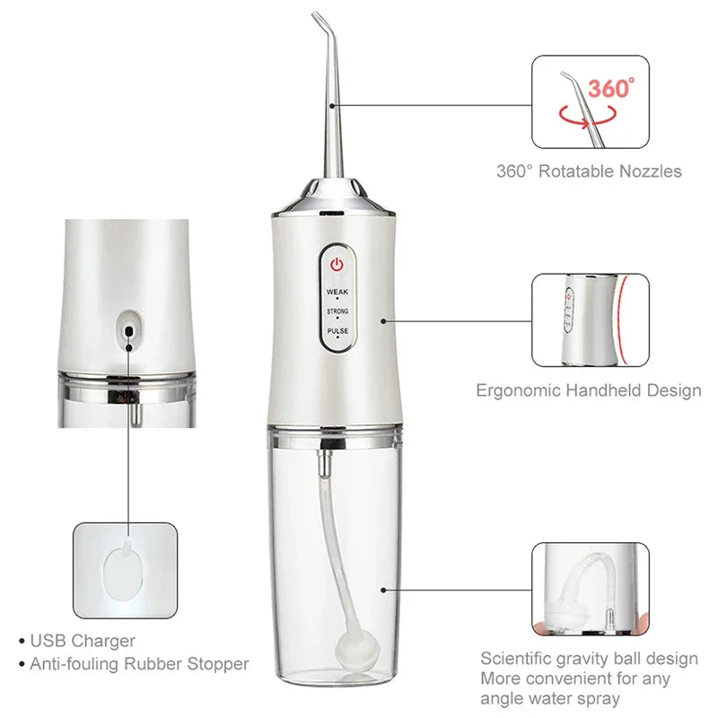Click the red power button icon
[337, 265]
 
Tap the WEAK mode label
[337, 292]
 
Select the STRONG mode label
[337, 311]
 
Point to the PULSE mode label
[337, 331]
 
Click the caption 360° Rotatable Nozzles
[589, 171]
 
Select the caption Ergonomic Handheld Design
[589, 390]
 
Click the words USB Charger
[83, 641]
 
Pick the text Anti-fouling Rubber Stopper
[139, 664]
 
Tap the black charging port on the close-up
[129, 331]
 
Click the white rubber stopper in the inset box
[124, 573]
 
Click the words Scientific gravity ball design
[589, 659]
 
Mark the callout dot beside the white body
[384, 320]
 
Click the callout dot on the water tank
[384, 590]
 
